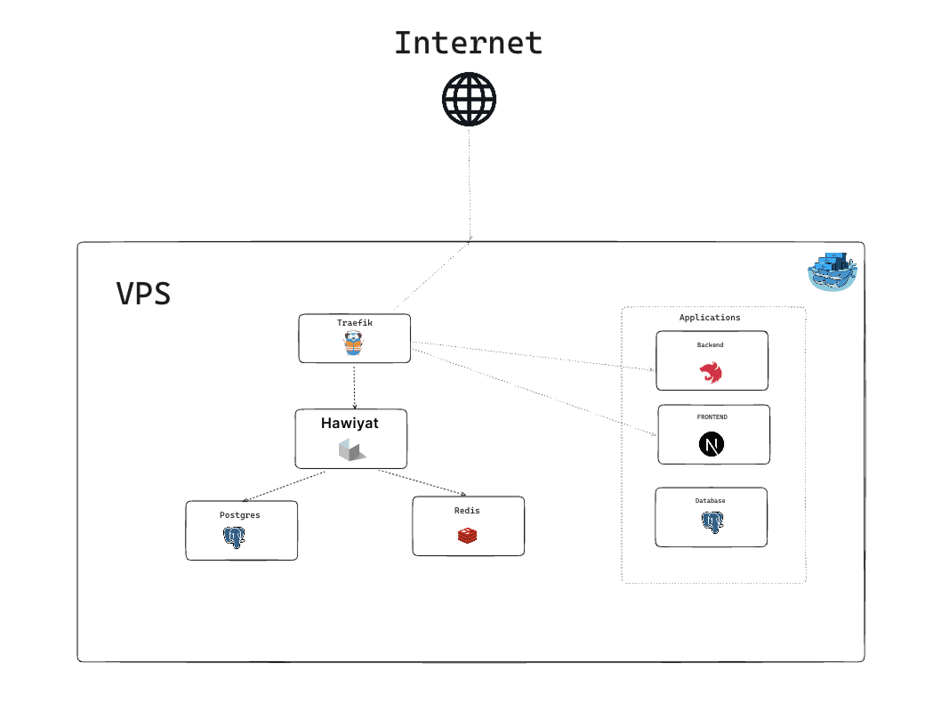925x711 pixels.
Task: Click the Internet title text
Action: point(468,43)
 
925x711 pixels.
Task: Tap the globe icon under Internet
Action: point(469,99)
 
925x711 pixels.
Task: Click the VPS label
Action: point(143,294)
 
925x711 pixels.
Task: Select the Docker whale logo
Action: point(832,272)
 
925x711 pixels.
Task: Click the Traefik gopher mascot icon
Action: point(355,343)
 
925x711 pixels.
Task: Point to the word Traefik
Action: point(355,323)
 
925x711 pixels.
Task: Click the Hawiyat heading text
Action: point(350,424)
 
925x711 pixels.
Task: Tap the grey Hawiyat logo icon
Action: point(351,449)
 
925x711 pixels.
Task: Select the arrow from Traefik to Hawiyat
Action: point(355,386)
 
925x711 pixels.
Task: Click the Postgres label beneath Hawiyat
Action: point(240,515)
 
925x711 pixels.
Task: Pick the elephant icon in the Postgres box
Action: point(234,537)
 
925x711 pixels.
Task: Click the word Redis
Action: point(467,511)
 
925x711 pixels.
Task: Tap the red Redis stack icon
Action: point(468,535)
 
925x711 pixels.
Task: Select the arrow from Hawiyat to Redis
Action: point(422,482)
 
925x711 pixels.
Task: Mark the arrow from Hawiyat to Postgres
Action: point(285,486)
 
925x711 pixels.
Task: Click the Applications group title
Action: point(710,318)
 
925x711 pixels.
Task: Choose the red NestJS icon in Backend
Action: point(711,373)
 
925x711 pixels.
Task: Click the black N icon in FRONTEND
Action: point(711,444)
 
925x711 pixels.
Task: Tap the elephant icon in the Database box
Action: point(711,523)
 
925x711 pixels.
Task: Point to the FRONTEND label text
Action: point(712,416)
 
